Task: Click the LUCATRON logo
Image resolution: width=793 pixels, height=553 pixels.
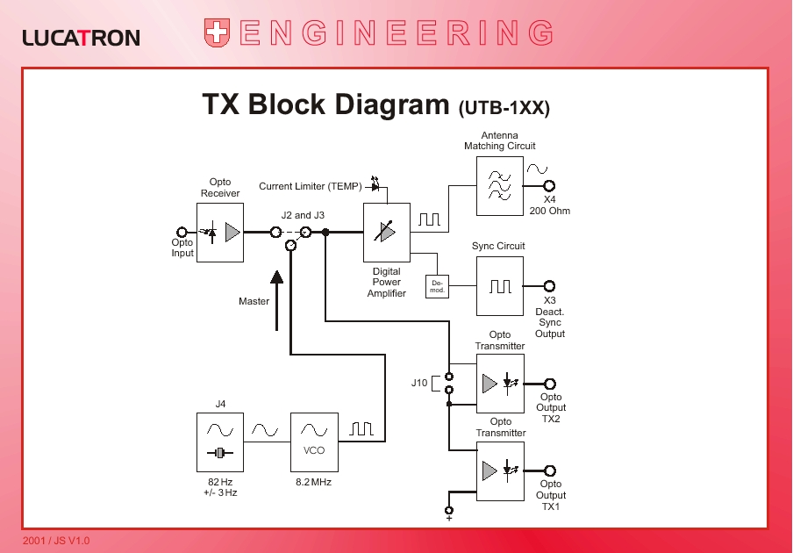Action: (x=81, y=37)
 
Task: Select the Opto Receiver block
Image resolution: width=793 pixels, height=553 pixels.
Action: (x=220, y=233)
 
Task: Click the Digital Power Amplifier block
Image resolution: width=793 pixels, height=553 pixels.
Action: (x=387, y=233)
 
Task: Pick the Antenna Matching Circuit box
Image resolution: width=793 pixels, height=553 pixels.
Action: (x=500, y=186)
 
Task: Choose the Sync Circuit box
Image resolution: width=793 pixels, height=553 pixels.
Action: (x=500, y=286)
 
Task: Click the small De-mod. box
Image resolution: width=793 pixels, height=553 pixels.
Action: (x=437, y=286)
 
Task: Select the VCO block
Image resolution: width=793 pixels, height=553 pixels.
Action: (x=314, y=442)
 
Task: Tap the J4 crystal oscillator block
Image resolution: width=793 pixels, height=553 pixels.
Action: (x=220, y=442)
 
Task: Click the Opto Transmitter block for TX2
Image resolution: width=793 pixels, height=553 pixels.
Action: (x=500, y=384)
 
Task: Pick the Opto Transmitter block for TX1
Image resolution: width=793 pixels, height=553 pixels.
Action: (x=500, y=471)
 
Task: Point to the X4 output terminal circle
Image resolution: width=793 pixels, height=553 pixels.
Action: (x=550, y=186)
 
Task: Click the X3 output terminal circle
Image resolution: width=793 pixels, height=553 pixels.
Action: (x=550, y=286)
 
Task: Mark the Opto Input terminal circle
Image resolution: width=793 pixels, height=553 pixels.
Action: (x=182, y=232)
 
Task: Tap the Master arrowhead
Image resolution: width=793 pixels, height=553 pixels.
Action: (x=277, y=278)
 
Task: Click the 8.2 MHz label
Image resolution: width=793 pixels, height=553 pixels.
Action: (x=314, y=482)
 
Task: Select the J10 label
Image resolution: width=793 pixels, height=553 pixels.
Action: (x=419, y=383)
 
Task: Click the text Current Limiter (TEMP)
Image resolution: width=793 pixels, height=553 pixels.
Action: (x=311, y=186)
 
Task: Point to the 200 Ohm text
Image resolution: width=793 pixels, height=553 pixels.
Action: (x=550, y=211)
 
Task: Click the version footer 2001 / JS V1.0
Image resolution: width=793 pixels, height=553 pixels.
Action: (x=56, y=541)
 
